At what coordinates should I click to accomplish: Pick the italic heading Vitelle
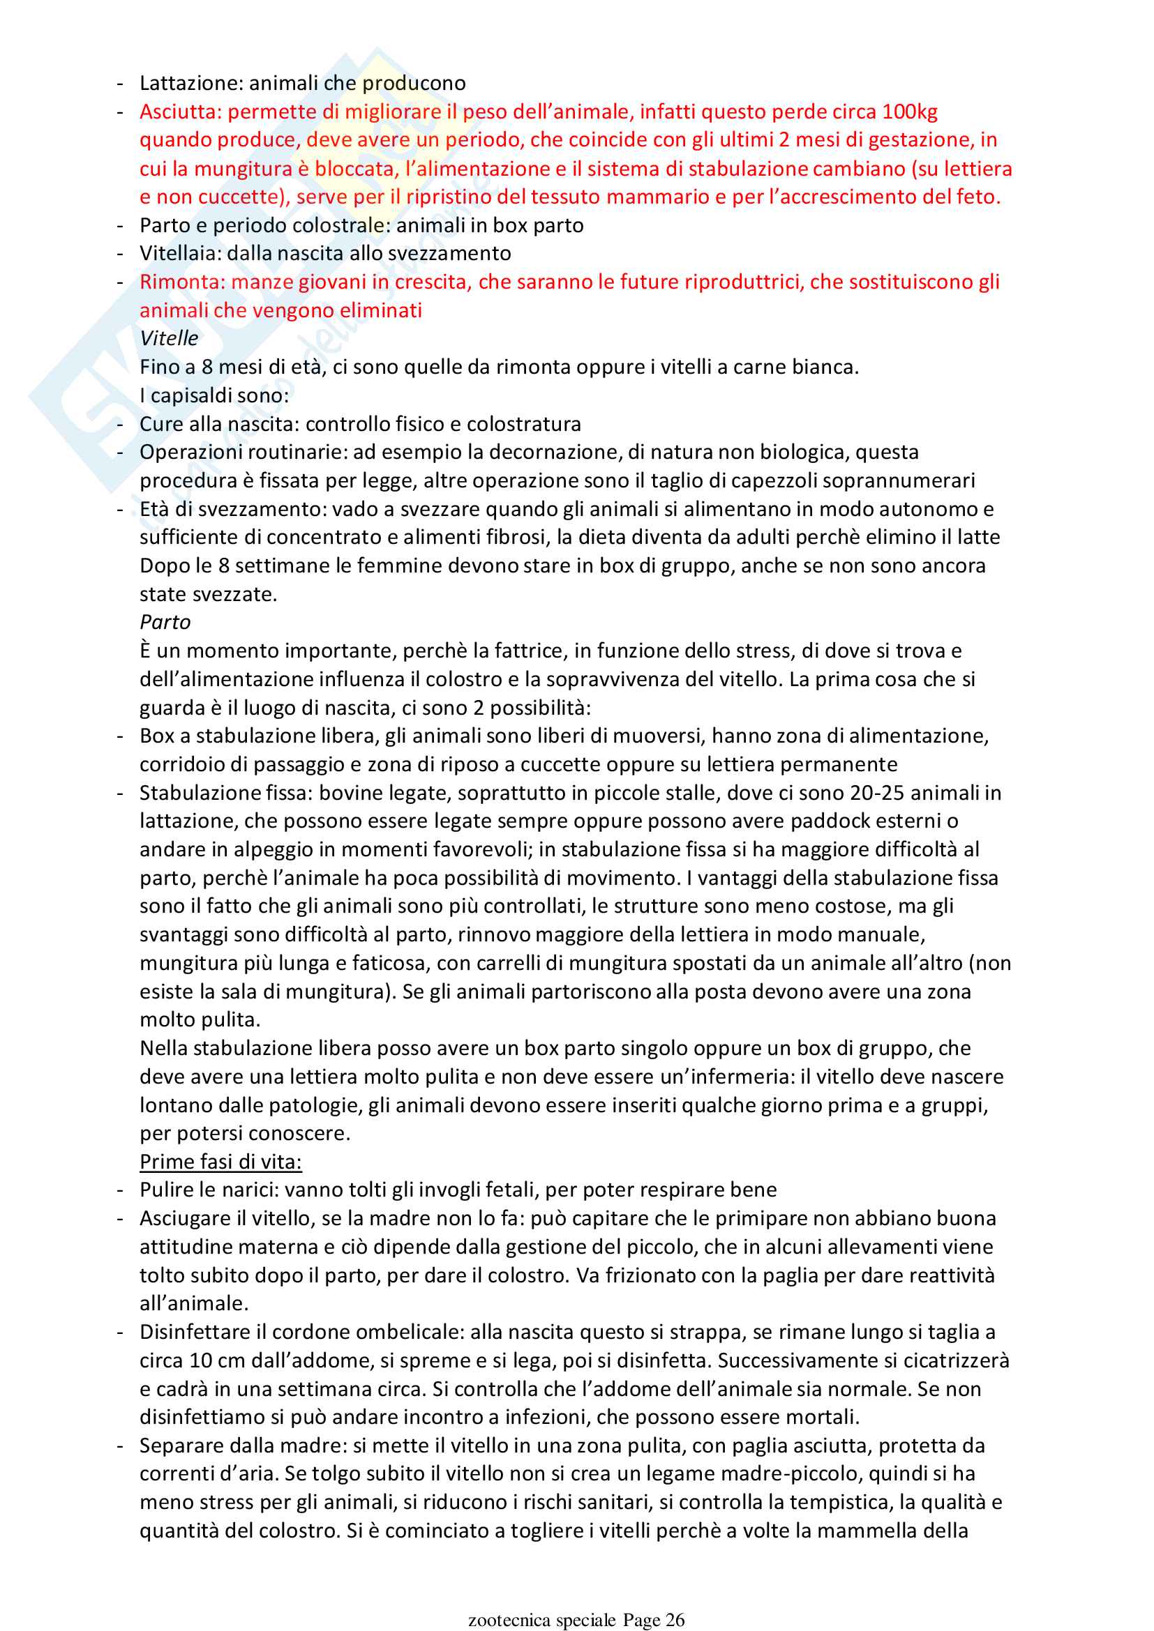(x=169, y=339)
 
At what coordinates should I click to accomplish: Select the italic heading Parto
(x=165, y=622)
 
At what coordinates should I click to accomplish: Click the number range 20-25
(x=877, y=793)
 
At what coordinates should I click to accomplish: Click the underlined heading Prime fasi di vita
(x=220, y=1162)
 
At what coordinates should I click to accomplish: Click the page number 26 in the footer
(x=675, y=1615)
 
